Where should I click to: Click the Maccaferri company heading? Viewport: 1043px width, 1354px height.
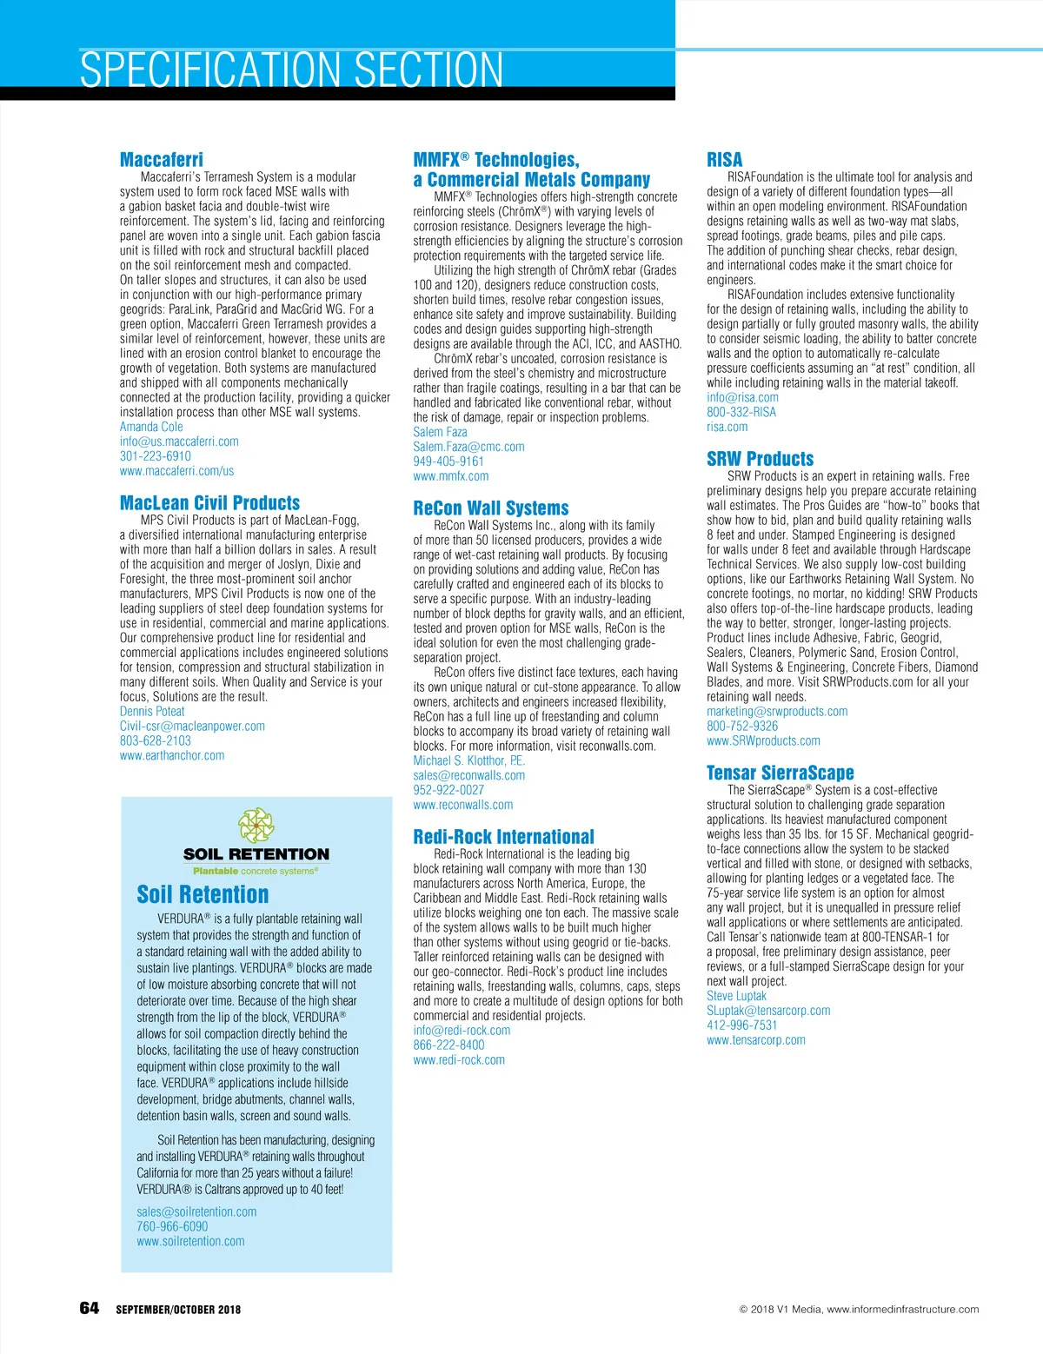(x=162, y=160)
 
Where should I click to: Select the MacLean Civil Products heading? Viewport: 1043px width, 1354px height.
(x=209, y=503)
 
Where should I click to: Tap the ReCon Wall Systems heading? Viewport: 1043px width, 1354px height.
(x=491, y=508)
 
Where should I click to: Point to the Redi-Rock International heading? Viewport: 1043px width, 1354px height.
(x=504, y=837)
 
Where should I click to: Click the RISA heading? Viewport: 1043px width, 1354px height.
(x=725, y=160)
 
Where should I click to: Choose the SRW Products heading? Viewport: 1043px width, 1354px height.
(x=761, y=459)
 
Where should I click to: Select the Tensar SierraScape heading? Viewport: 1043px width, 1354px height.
(x=781, y=773)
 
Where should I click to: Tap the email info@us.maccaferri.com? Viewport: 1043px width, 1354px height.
(x=179, y=441)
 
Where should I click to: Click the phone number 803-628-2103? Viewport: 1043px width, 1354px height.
(x=156, y=741)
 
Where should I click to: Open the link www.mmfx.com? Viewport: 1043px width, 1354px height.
(x=451, y=476)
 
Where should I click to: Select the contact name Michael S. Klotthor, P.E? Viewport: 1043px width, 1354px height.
(x=469, y=760)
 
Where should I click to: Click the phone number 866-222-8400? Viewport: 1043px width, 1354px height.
(x=449, y=1045)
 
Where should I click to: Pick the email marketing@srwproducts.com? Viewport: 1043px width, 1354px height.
(x=777, y=712)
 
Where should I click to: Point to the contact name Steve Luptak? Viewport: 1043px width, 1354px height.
(x=737, y=996)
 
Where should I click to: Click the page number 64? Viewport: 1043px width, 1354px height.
(x=90, y=1309)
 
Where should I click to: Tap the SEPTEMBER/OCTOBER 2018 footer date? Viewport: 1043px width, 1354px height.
(x=178, y=1310)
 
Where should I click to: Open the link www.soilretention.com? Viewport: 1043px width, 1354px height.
(x=190, y=1242)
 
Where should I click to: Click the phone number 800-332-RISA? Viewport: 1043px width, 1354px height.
(x=741, y=412)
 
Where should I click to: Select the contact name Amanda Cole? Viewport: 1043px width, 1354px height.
(x=151, y=427)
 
